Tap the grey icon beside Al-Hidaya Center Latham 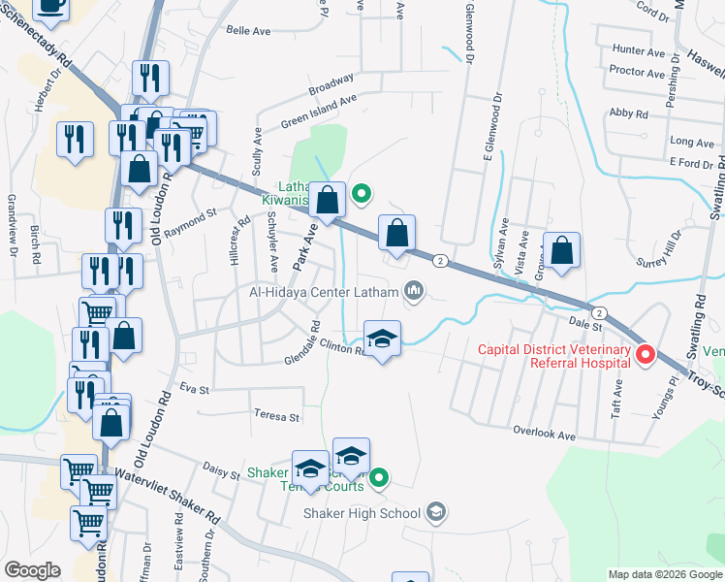pos(415,291)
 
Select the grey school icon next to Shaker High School pos(436,512)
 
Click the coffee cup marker pos(51,6)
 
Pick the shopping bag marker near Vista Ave pos(562,250)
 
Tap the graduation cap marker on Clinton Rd pos(383,339)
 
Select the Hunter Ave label pos(638,50)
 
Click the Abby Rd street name pos(628,113)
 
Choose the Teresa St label pos(277,416)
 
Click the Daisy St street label pos(221,472)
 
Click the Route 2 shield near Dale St pos(600,312)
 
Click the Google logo pos(32,569)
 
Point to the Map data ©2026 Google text pos(665,574)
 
